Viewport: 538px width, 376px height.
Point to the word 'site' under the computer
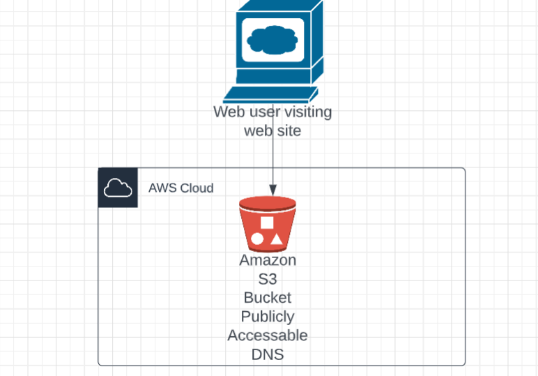click(289, 130)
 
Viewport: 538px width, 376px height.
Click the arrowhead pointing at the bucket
click(272, 189)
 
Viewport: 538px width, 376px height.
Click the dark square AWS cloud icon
click(118, 188)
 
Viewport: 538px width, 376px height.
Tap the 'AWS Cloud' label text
click(180, 188)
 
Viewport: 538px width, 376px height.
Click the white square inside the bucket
click(267, 223)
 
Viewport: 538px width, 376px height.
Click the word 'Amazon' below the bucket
click(268, 260)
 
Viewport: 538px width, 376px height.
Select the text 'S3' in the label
click(268, 279)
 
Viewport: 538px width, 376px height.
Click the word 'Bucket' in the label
click(268, 298)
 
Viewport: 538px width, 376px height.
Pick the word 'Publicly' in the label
click(268, 317)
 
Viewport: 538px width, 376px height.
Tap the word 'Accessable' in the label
click(268, 336)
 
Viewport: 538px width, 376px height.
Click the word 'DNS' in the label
click(268, 354)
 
